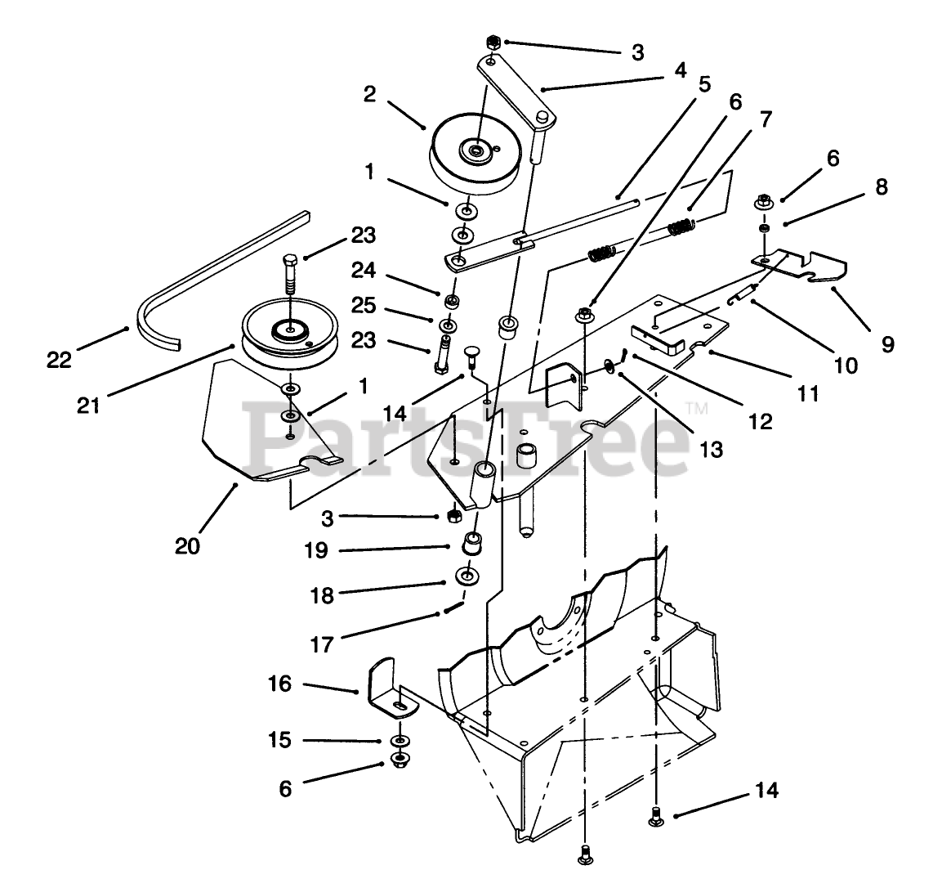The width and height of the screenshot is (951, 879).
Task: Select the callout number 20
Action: tap(187, 545)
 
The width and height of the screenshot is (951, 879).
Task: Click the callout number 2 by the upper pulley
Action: tap(369, 94)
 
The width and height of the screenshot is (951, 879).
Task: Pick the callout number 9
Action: tap(887, 344)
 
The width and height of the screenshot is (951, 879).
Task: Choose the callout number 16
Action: tap(279, 683)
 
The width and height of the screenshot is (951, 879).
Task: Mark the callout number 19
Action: tap(317, 549)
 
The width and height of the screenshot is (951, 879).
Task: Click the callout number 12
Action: tap(760, 421)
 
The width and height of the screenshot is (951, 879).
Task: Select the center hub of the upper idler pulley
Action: tap(473, 149)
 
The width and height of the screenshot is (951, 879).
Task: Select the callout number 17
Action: tap(322, 645)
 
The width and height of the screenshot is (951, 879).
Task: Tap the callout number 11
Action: tap(808, 393)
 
